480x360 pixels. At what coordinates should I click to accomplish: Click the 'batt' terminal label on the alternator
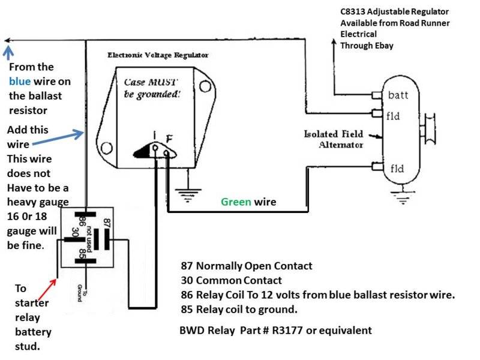(398, 95)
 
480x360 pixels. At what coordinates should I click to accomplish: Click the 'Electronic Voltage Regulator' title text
(158, 55)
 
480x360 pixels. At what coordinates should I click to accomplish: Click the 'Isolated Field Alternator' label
(334, 139)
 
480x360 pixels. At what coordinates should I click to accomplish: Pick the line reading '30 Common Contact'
(231, 280)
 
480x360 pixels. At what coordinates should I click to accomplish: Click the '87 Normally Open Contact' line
(246, 266)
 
